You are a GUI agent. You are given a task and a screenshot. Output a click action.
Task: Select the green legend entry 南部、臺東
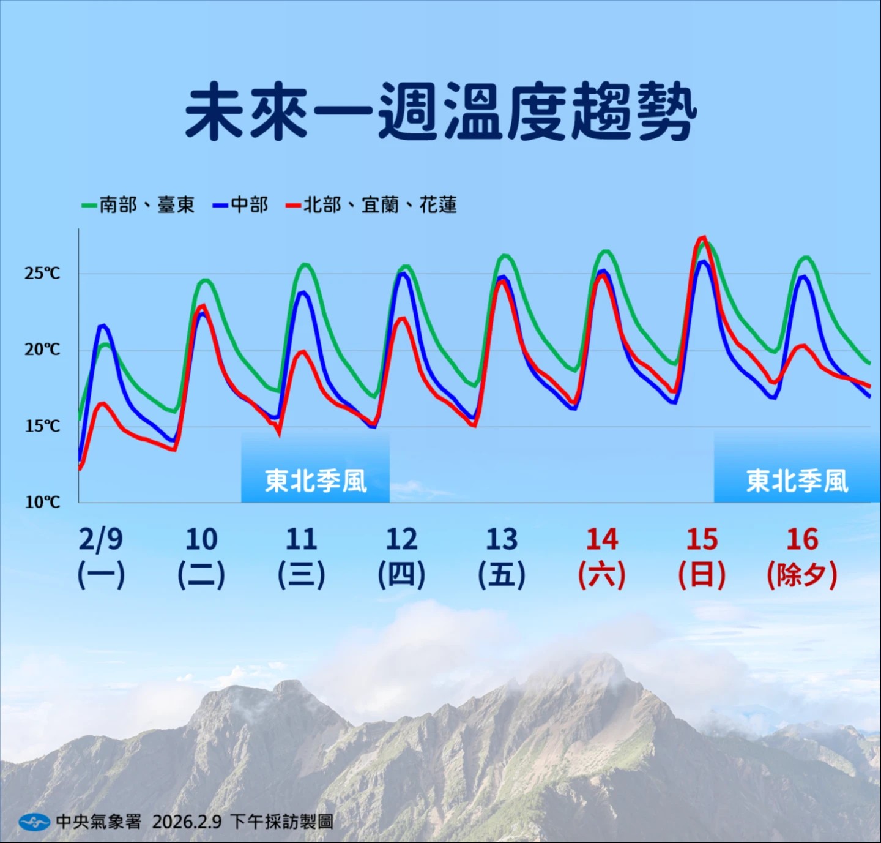click(138, 205)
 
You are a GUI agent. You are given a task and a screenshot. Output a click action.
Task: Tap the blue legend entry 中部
click(240, 205)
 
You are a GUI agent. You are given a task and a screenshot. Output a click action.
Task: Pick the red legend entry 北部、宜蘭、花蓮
click(371, 205)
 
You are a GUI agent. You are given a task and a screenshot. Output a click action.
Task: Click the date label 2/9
click(101, 539)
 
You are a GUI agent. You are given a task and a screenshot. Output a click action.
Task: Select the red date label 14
click(602, 539)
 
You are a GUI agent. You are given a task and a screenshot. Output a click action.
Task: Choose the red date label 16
click(803, 539)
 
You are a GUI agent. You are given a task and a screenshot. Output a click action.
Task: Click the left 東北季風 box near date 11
click(316, 467)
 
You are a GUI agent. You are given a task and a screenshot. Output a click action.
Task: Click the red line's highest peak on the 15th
click(703, 237)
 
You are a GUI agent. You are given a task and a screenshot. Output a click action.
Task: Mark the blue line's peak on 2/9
click(103, 325)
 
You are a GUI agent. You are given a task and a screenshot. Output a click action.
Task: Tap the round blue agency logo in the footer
click(34, 821)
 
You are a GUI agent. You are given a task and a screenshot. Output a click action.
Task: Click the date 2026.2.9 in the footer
click(187, 821)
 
